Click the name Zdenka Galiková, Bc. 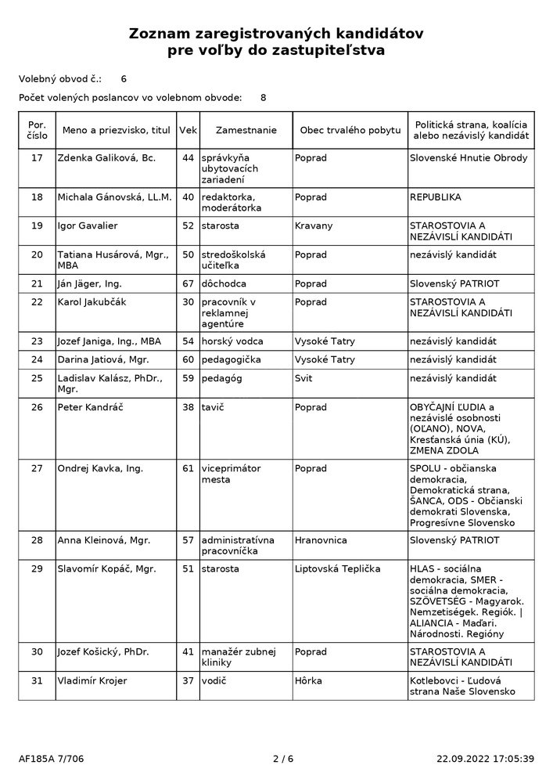tap(106, 158)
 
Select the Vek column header tap(188, 130)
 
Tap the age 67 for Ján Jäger tap(188, 283)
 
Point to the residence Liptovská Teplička tap(337, 568)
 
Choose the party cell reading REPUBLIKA tap(435, 197)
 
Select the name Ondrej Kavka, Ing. tap(100, 469)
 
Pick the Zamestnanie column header tap(246, 130)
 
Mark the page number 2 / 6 tap(282, 758)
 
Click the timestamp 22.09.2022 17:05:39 tap(485, 758)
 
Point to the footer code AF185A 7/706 tap(51, 758)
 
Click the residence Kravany tap(314, 226)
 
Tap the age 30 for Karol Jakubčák tap(188, 301)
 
